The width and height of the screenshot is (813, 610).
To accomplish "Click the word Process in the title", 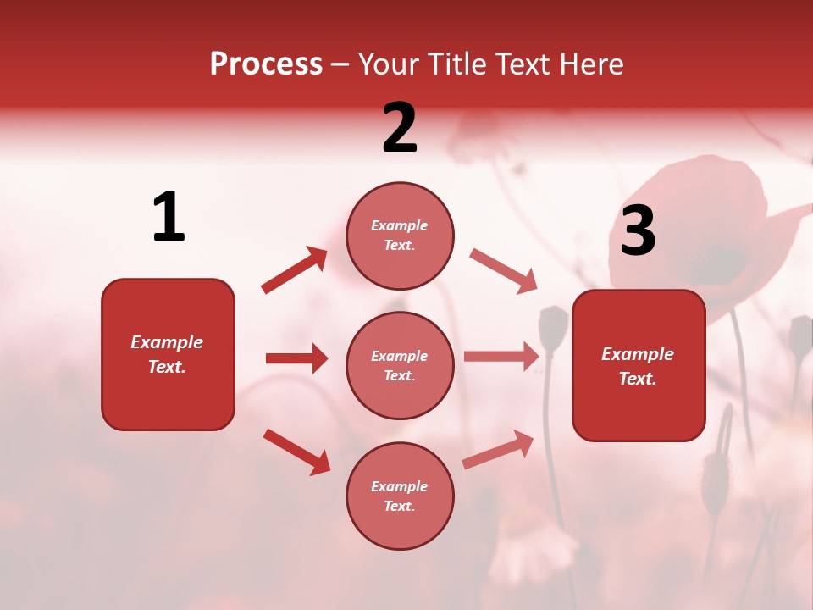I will [x=266, y=64].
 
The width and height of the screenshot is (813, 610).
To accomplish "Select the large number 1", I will [x=169, y=218].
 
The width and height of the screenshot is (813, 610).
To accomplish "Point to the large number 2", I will [x=400, y=129].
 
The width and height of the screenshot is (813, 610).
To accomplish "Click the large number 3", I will [x=638, y=232].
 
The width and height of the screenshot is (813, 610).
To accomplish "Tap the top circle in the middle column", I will [x=400, y=236].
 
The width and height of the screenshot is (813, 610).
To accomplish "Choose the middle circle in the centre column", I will [x=400, y=365].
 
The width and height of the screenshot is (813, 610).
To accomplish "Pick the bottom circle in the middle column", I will [x=400, y=496].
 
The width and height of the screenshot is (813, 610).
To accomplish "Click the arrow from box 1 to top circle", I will [x=295, y=270].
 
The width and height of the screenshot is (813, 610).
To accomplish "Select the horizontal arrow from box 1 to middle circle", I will [x=296, y=358].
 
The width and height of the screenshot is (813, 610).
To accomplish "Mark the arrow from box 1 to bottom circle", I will [x=296, y=452].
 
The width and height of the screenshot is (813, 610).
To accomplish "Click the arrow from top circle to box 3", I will [x=504, y=271].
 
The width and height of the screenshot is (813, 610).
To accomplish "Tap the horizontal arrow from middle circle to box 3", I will [x=501, y=357].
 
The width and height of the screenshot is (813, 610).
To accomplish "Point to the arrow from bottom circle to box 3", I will [x=498, y=450].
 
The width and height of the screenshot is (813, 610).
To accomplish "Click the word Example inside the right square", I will [x=638, y=354].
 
